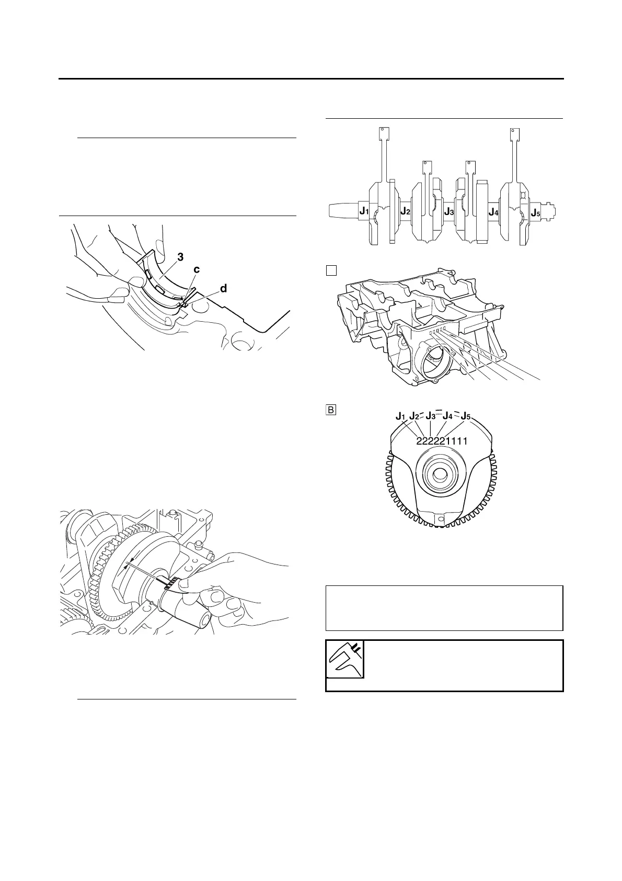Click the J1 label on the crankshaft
(364, 211)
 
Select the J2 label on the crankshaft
(405, 211)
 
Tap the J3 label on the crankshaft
(449, 211)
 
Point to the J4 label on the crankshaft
(493, 211)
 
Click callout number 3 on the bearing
(180, 257)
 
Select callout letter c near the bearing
(197, 269)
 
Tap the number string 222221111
(442, 441)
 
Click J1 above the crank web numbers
(401, 416)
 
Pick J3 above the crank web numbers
(431, 416)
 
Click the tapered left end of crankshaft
(343, 211)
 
